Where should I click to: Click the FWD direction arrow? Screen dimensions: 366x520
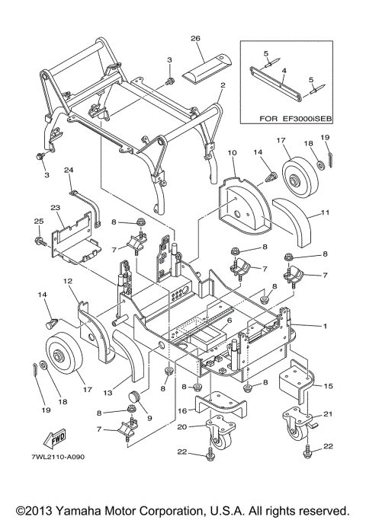(x=55, y=439)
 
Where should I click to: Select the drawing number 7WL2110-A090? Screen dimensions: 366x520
(x=59, y=457)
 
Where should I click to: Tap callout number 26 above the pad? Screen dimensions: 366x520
(x=195, y=38)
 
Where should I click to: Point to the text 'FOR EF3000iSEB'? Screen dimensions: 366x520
(x=296, y=119)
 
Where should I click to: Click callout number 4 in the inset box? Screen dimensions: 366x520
(x=284, y=71)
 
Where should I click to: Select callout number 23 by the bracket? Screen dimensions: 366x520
(x=56, y=208)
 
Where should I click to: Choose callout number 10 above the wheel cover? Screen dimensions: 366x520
(x=233, y=153)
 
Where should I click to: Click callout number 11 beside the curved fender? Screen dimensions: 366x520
(x=326, y=212)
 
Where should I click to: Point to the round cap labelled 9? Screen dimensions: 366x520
(x=135, y=397)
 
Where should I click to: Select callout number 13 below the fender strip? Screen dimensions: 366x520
(x=108, y=393)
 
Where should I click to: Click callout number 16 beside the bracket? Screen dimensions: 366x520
(x=183, y=411)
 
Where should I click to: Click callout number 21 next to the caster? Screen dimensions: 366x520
(x=328, y=414)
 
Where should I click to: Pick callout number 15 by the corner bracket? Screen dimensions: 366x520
(x=328, y=386)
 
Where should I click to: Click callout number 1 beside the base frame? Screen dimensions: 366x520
(x=325, y=326)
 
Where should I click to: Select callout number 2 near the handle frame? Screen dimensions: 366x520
(x=223, y=85)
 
